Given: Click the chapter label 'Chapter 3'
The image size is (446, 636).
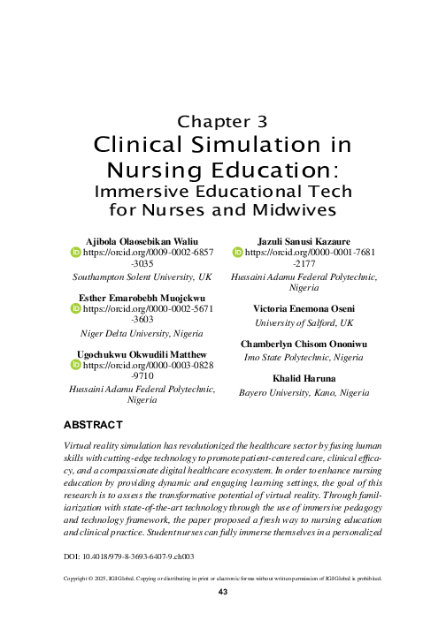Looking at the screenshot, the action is (223, 121).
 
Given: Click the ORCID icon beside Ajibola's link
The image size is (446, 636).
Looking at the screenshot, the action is (75, 253).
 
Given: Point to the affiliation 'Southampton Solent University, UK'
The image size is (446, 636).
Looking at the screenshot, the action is (136, 276).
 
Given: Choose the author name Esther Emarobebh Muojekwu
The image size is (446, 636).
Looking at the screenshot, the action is (136, 298).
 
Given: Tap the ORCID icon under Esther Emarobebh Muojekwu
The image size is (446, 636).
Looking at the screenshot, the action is (75, 309).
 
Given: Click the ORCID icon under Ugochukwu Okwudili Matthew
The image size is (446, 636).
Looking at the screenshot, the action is (75, 366).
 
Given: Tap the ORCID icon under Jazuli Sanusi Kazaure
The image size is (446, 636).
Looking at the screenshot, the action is (237, 253).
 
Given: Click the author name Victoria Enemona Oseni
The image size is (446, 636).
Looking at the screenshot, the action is (304, 308).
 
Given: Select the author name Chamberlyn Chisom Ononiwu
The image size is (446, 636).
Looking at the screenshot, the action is (304, 343).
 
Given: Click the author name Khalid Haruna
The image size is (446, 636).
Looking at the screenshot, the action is (304, 378).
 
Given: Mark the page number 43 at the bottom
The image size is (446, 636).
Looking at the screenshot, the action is (223, 591).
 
